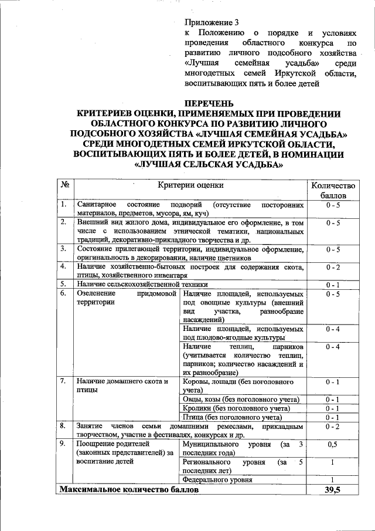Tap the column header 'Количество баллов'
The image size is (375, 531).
(x=333, y=190)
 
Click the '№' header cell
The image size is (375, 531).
(x=64, y=185)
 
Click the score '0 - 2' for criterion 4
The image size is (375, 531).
(x=333, y=268)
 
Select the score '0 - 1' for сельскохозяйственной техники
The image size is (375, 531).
(x=333, y=285)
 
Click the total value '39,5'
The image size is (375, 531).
(x=333, y=489)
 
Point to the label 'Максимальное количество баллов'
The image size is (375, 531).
(x=129, y=489)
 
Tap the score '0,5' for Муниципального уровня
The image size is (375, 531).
(x=333, y=445)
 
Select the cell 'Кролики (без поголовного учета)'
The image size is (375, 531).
(x=236, y=408)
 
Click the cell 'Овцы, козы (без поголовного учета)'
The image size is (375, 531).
(x=241, y=399)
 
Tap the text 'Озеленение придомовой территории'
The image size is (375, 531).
(x=125, y=297)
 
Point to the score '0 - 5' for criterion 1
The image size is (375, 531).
(x=333, y=205)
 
